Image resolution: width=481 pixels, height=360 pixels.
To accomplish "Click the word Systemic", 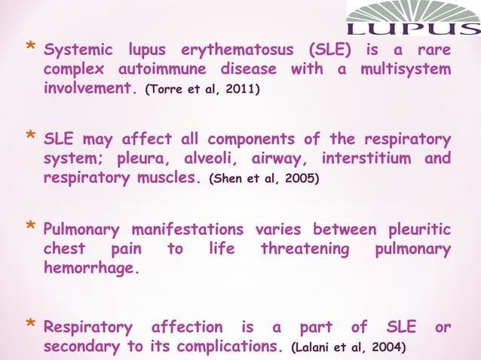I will point(78,52).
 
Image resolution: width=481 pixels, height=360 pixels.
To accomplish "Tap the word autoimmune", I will point(164,69).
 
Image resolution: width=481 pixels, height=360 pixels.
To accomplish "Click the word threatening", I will point(306,249).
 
